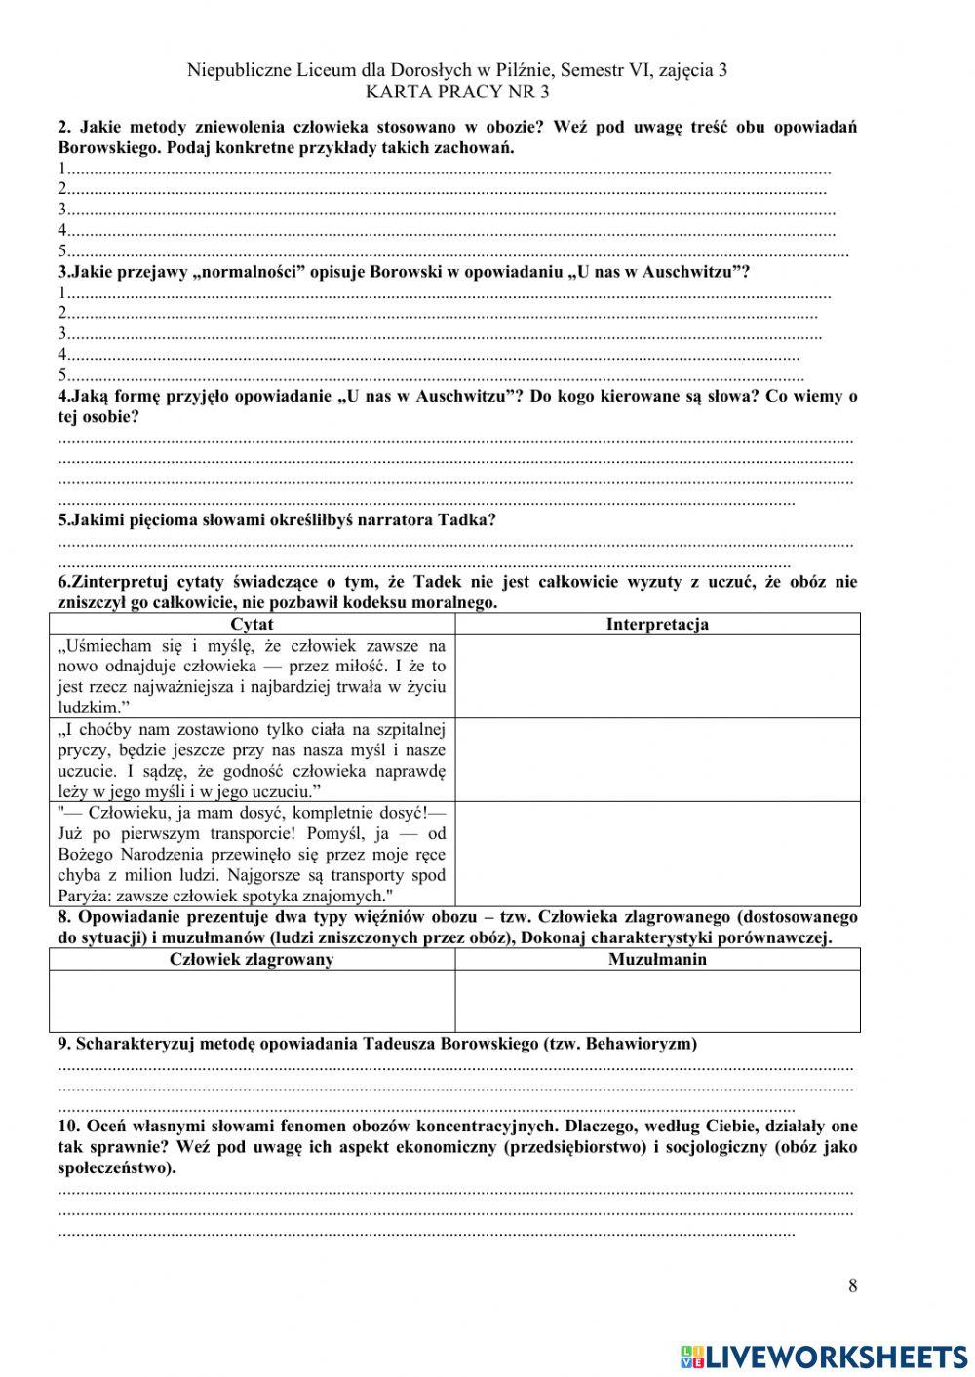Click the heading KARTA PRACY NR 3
coord(457,93)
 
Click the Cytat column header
coord(252,624)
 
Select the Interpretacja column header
coord(657,624)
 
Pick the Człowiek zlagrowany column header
coord(252,959)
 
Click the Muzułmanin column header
coord(657,959)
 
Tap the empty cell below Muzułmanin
coord(657,1000)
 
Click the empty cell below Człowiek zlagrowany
coord(252,1000)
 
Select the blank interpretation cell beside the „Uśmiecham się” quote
coord(657,676)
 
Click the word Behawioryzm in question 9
coord(644,1044)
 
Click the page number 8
coord(853,1285)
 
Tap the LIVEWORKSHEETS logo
coord(823,1356)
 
